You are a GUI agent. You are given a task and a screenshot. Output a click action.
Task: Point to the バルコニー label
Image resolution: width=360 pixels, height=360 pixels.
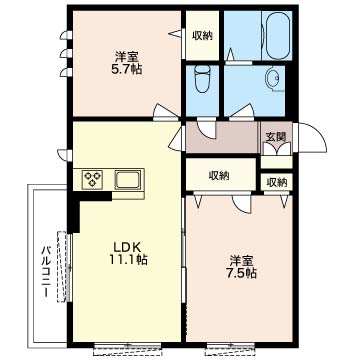46,272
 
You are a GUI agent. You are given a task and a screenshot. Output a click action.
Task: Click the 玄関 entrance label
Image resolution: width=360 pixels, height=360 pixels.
276,137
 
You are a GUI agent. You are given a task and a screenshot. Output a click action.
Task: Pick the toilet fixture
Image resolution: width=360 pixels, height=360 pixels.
202,79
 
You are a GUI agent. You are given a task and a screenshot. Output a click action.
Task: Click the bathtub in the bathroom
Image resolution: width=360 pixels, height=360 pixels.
277,35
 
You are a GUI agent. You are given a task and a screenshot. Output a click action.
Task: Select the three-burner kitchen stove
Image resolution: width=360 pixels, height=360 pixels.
92,179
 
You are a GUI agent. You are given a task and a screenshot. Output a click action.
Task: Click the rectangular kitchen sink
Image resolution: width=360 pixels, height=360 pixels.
128,180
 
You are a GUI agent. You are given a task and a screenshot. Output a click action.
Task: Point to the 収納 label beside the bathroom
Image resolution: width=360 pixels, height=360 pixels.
202,36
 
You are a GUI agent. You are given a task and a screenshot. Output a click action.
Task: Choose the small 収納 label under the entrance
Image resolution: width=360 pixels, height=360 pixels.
277,182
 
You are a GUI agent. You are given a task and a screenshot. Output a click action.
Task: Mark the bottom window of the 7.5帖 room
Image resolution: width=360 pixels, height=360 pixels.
230,348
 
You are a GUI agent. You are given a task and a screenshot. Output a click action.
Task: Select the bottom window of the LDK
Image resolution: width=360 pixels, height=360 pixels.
128,348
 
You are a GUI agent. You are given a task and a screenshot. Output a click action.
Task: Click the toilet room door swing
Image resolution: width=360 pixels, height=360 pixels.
206,128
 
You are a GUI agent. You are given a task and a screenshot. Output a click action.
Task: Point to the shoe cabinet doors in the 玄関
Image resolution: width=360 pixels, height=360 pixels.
277,149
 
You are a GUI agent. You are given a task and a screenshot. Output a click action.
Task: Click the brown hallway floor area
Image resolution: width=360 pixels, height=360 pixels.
222,137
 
